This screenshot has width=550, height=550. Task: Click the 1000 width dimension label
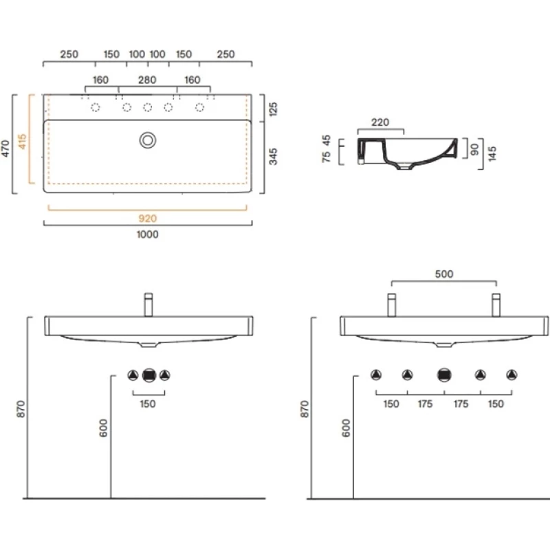pyautogui.click(x=147, y=234)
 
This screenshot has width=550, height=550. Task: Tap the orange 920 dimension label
pyautogui.click(x=147, y=219)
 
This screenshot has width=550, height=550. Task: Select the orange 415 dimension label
pyautogui.click(x=22, y=141)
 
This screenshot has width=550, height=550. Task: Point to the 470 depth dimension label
pyautogui.click(x=5, y=148)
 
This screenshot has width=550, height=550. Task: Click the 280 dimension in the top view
pyautogui.click(x=147, y=80)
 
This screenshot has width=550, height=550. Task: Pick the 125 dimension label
pyautogui.click(x=272, y=109)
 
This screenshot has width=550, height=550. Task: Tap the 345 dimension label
pyautogui.click(x=272, y=157)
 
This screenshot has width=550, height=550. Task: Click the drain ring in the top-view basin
pyautogui.click(x=148, y=140)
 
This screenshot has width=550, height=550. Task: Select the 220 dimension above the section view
pyautogui.click(x=380, y=122)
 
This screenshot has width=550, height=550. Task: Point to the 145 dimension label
pyautogui.click(x=492, y=153)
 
